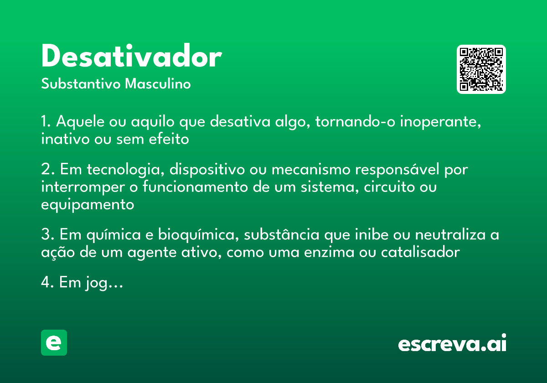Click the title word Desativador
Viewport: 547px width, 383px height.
[131, 57]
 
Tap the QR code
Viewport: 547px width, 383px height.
[481, 69]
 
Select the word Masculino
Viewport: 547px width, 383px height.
[158, 84]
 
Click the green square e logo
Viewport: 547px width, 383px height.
[54, 342]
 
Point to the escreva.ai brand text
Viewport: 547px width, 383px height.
[452, 344]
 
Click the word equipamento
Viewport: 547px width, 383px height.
[88, 205]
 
